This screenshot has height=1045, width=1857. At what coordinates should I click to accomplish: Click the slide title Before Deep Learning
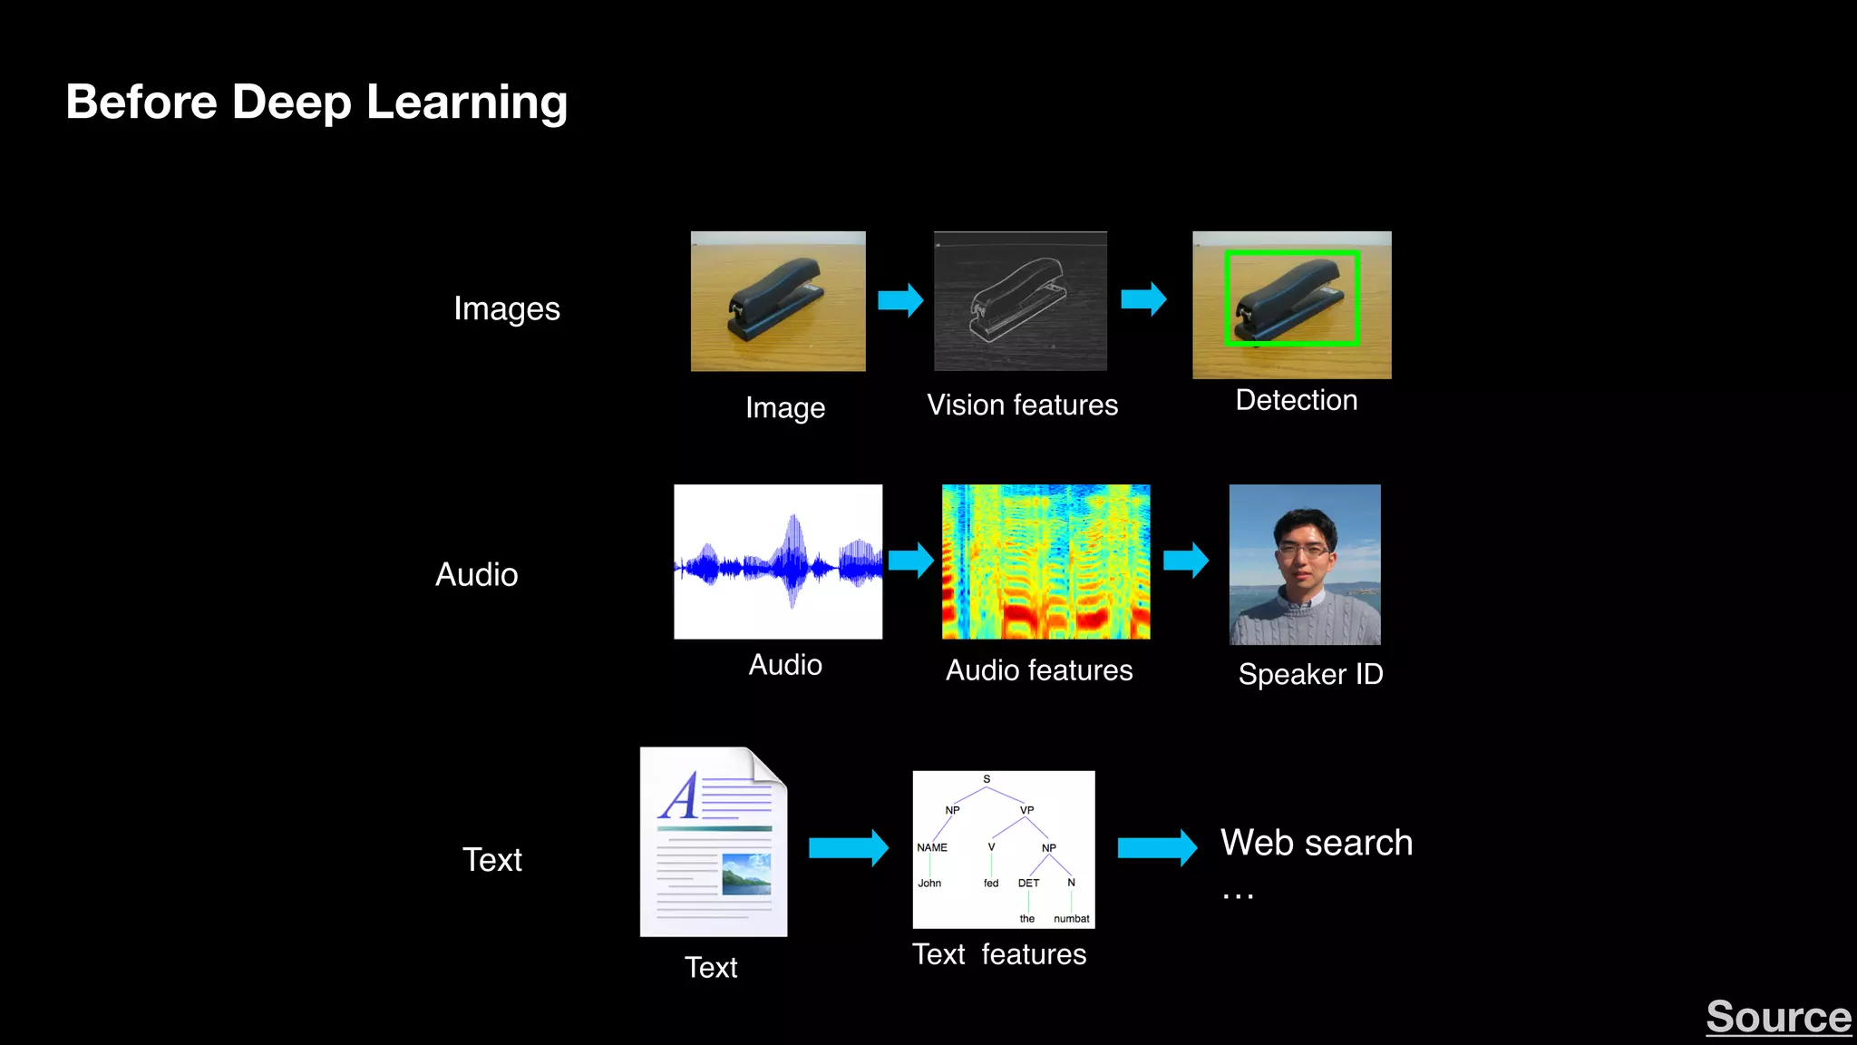coord(316,102)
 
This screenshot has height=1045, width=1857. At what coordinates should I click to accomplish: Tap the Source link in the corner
coord(1778,1017)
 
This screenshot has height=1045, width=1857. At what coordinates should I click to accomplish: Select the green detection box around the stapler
coord(1291,254)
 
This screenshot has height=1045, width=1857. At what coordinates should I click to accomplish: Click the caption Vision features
coord(1022,405)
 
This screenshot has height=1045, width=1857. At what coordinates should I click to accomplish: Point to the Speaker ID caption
coord(1310,674)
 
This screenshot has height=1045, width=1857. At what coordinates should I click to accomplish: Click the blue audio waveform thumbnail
coord(778,562)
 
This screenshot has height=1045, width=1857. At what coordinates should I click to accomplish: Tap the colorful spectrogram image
coord(1045,562)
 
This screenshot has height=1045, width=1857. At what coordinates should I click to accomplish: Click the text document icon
coord(714,842)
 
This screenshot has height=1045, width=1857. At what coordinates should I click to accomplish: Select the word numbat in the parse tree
coord(1071,919)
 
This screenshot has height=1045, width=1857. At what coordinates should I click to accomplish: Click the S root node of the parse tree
coord(987,779)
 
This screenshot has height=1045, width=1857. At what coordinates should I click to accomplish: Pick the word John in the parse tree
coord(929,883)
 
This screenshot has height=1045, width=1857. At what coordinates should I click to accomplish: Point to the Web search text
coord(1316,843)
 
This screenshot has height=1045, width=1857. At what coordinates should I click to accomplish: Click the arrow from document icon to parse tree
coord(848,848)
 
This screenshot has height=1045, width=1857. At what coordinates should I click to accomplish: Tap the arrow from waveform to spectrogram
coord(910,561)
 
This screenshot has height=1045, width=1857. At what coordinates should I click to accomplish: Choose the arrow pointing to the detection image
coord(1143,298)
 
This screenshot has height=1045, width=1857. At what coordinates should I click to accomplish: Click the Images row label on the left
coord(507,309)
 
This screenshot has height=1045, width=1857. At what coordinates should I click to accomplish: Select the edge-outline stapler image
coord(1020,301)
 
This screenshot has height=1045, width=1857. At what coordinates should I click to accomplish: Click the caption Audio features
coord(1039,670)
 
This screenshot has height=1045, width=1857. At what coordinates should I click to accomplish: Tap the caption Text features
coord(999,954)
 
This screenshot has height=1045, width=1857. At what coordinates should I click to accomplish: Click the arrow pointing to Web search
coord(1157,848)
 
